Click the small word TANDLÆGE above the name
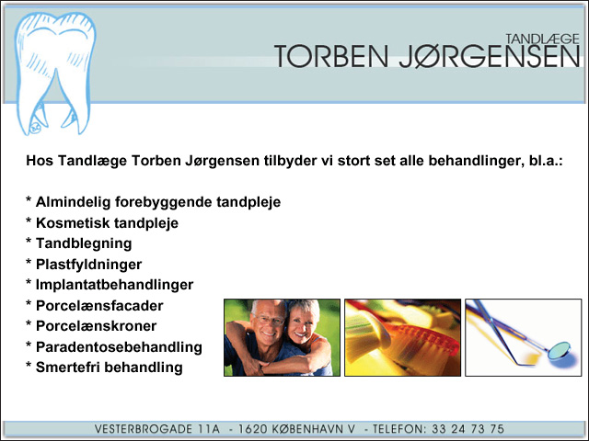542,39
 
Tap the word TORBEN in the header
331,56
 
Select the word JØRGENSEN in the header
490,57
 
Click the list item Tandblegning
84,243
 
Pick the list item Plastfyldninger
88,265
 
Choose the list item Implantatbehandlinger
114,285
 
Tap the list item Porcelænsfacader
99,306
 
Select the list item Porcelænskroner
96,326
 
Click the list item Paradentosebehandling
119,347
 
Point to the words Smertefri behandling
110,367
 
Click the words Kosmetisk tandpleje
107,223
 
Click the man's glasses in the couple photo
269,320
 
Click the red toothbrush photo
403,337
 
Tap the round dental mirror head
559,351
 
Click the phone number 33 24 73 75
468,429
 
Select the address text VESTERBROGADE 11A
157,429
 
